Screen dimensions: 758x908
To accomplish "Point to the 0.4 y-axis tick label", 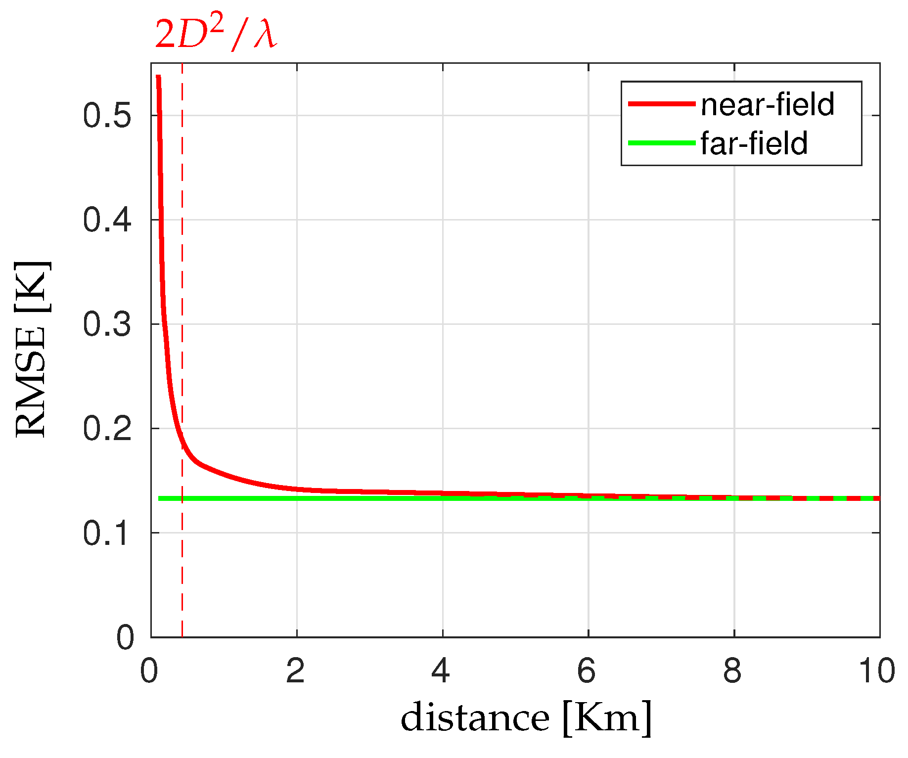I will point(107,220).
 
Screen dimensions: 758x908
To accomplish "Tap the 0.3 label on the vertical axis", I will point(107,324).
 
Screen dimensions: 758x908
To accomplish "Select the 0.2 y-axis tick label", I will point(107,429).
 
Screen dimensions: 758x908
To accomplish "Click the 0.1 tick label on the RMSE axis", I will point(107,533).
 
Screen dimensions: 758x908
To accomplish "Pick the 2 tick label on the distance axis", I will point(296,671).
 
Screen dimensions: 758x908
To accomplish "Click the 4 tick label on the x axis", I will point(441,671).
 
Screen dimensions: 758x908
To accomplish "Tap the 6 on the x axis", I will point(587,671).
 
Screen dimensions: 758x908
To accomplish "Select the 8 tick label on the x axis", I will point(732,671).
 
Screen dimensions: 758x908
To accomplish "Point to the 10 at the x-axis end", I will point(877,671).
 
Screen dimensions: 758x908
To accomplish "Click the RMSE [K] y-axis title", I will point(32,349).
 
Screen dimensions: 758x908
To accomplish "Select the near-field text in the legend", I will point(767,104).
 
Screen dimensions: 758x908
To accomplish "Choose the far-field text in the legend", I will point(754,143).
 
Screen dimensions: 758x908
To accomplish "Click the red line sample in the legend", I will point(661,104).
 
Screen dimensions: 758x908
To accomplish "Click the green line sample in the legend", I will point(661,143).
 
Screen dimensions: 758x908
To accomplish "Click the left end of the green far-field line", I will point(160,498).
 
